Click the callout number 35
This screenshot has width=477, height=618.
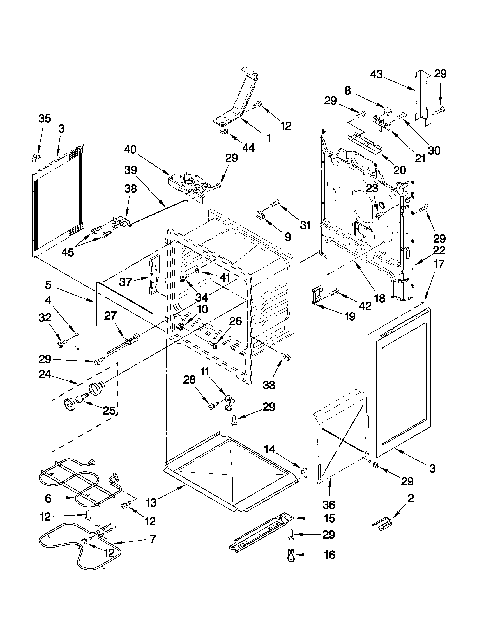(x=44, y=118)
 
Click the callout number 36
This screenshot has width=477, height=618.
(x=329, y=505)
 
